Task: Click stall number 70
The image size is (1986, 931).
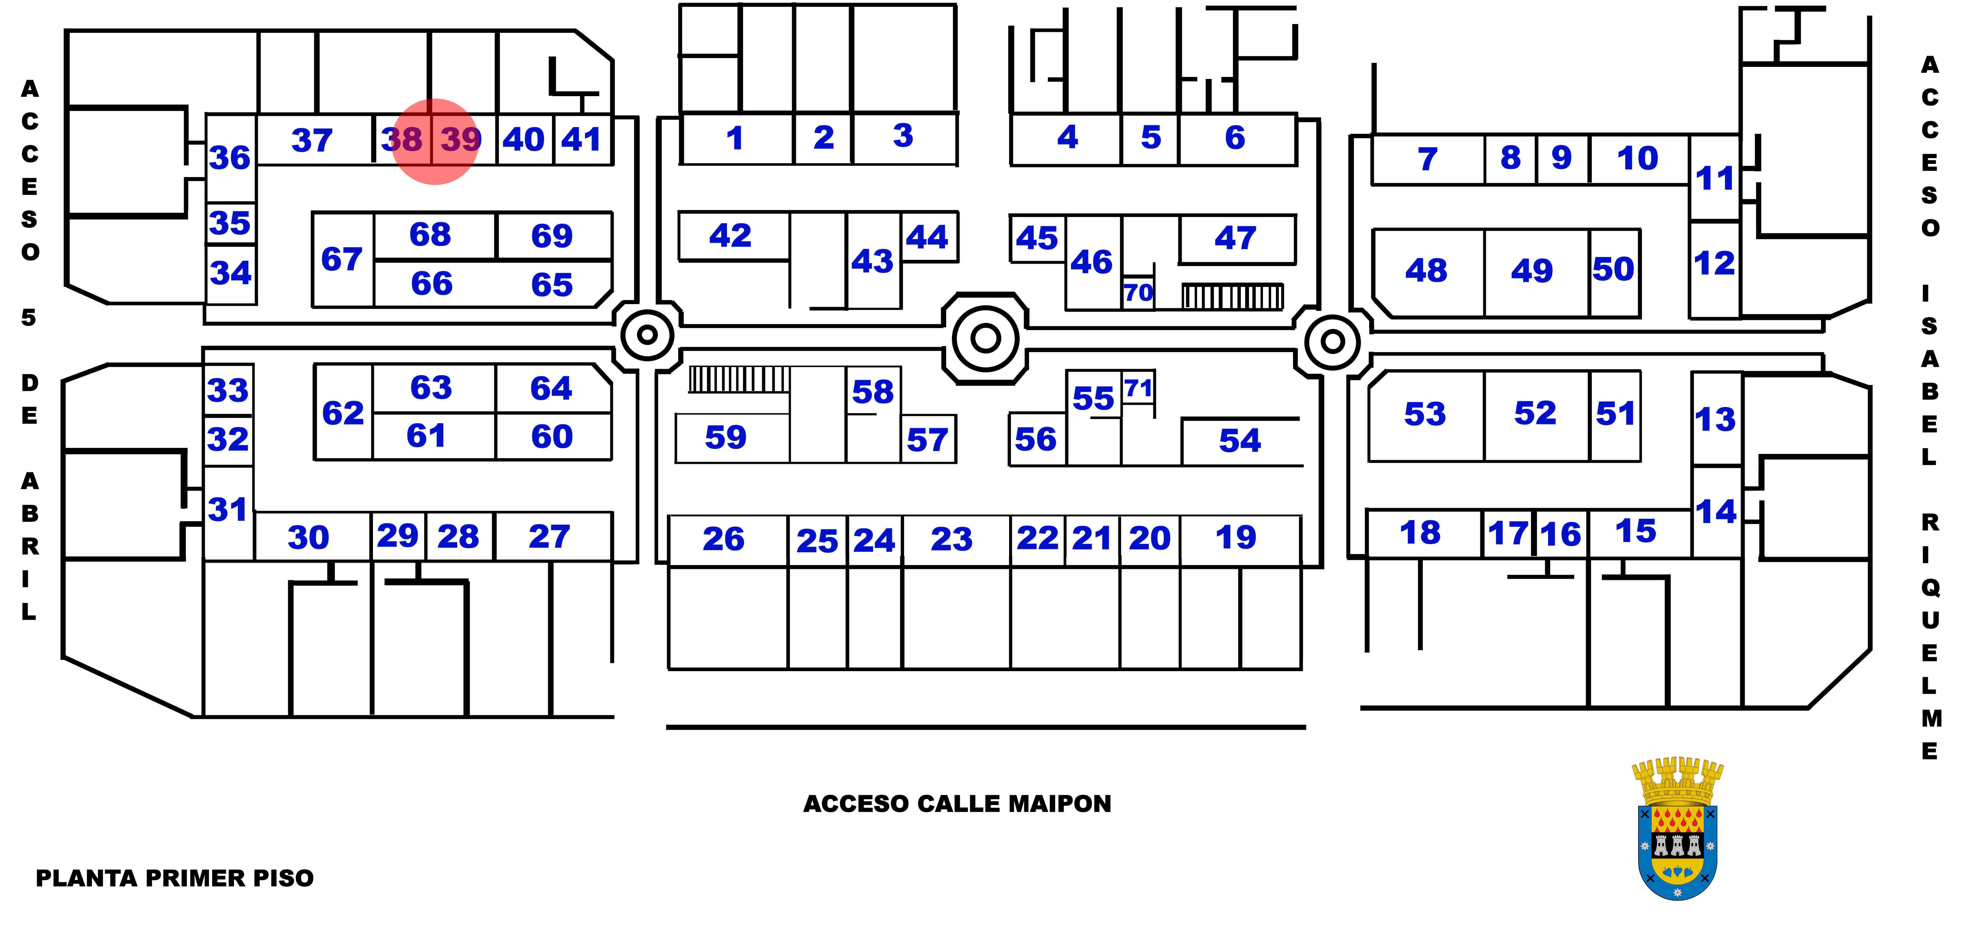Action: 1138,293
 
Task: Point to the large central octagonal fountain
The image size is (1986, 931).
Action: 985,337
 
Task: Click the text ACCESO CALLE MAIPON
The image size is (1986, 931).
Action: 957,804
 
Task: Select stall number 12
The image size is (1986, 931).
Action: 1715,263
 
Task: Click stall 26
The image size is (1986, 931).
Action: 723,539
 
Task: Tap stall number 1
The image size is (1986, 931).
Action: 735,139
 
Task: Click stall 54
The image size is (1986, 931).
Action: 1240,441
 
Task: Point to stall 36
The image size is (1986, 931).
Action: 230,158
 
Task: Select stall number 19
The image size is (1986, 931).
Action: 1236,537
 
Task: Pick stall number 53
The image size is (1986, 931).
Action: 1425,415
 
